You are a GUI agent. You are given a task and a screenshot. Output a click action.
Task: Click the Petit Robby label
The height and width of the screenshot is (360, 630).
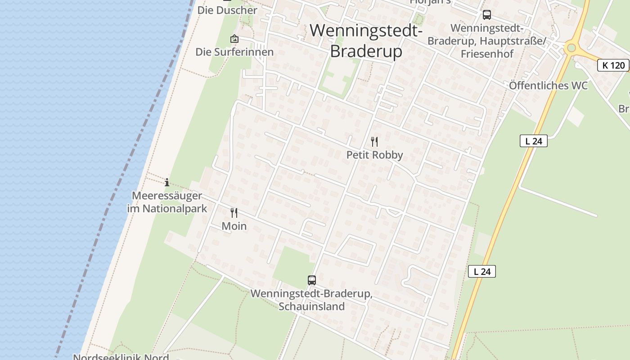tap(374, 155)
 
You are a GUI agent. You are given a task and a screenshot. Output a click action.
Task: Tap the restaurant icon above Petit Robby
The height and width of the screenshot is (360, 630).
tap(374, 142)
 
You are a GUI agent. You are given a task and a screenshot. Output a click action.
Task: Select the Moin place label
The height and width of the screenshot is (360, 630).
tap(234, 226)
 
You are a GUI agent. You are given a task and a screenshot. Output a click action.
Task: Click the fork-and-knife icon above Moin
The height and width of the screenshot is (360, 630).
tap(234, 212)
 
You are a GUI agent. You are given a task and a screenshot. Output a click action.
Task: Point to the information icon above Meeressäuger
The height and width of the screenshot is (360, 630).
tap(167, 182)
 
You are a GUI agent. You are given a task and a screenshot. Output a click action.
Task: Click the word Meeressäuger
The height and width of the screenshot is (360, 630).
tap(167, 196)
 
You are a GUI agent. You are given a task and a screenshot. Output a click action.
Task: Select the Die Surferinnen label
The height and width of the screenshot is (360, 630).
tap(234, 52)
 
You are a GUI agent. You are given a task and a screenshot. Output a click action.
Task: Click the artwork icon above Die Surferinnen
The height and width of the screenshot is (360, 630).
tap(234, 39)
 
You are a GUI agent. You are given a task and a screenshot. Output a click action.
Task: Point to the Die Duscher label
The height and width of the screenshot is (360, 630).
tap(227, 10)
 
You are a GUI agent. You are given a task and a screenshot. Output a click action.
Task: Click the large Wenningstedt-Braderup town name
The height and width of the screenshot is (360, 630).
tap(366, 41)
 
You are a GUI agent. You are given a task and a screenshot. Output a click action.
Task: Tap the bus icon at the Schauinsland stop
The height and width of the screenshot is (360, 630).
tap(312, 280)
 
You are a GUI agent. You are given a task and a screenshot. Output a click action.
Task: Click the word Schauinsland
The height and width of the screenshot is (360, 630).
tap(311, 307)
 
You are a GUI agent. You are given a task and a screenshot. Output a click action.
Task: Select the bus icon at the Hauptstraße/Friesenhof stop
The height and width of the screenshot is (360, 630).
tap(486, 15)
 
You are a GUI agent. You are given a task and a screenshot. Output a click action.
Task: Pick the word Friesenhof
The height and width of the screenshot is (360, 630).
tap(487, 54)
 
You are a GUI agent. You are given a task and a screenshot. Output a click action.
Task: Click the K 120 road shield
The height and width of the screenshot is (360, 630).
tap(613, 65)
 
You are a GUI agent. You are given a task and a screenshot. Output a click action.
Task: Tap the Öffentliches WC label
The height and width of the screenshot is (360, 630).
tap(548, 85)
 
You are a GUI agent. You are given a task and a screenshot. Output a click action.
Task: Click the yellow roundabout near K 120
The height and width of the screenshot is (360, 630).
tap(571, 47)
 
